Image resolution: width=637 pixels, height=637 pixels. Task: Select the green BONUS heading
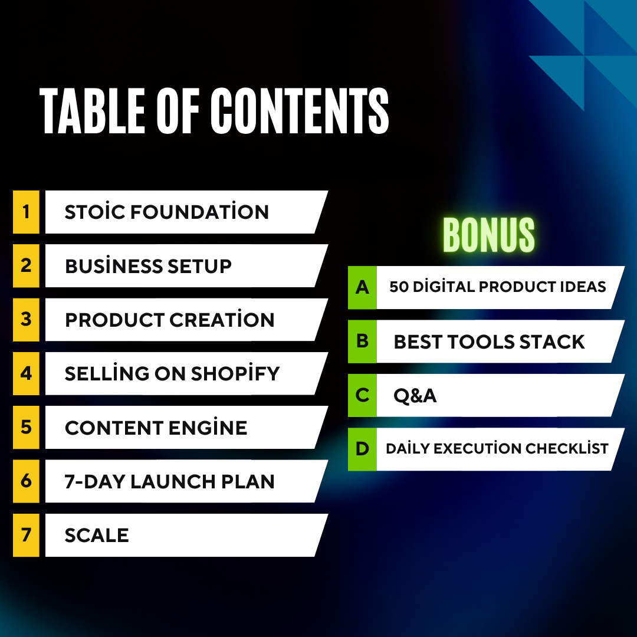[x=488, y=235]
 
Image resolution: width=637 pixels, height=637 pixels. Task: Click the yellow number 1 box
[x=26, y=212]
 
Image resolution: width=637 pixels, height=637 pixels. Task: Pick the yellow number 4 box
[x=26, y=373]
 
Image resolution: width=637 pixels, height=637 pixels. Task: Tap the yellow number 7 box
[x=26, y=535]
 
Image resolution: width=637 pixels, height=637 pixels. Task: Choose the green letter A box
[x=362, y=287]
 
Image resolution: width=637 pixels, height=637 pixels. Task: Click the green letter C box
[x=362, y=395]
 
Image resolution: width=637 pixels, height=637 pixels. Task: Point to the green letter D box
[x=362, y=449]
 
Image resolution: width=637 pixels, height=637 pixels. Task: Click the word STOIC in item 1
[x=94, y=212]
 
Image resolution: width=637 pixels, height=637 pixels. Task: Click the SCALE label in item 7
[x=97, y=535]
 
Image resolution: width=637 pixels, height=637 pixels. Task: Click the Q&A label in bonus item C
[x=415, y=395]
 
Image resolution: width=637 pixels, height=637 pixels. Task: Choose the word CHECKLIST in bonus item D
[x=567, y=449]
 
